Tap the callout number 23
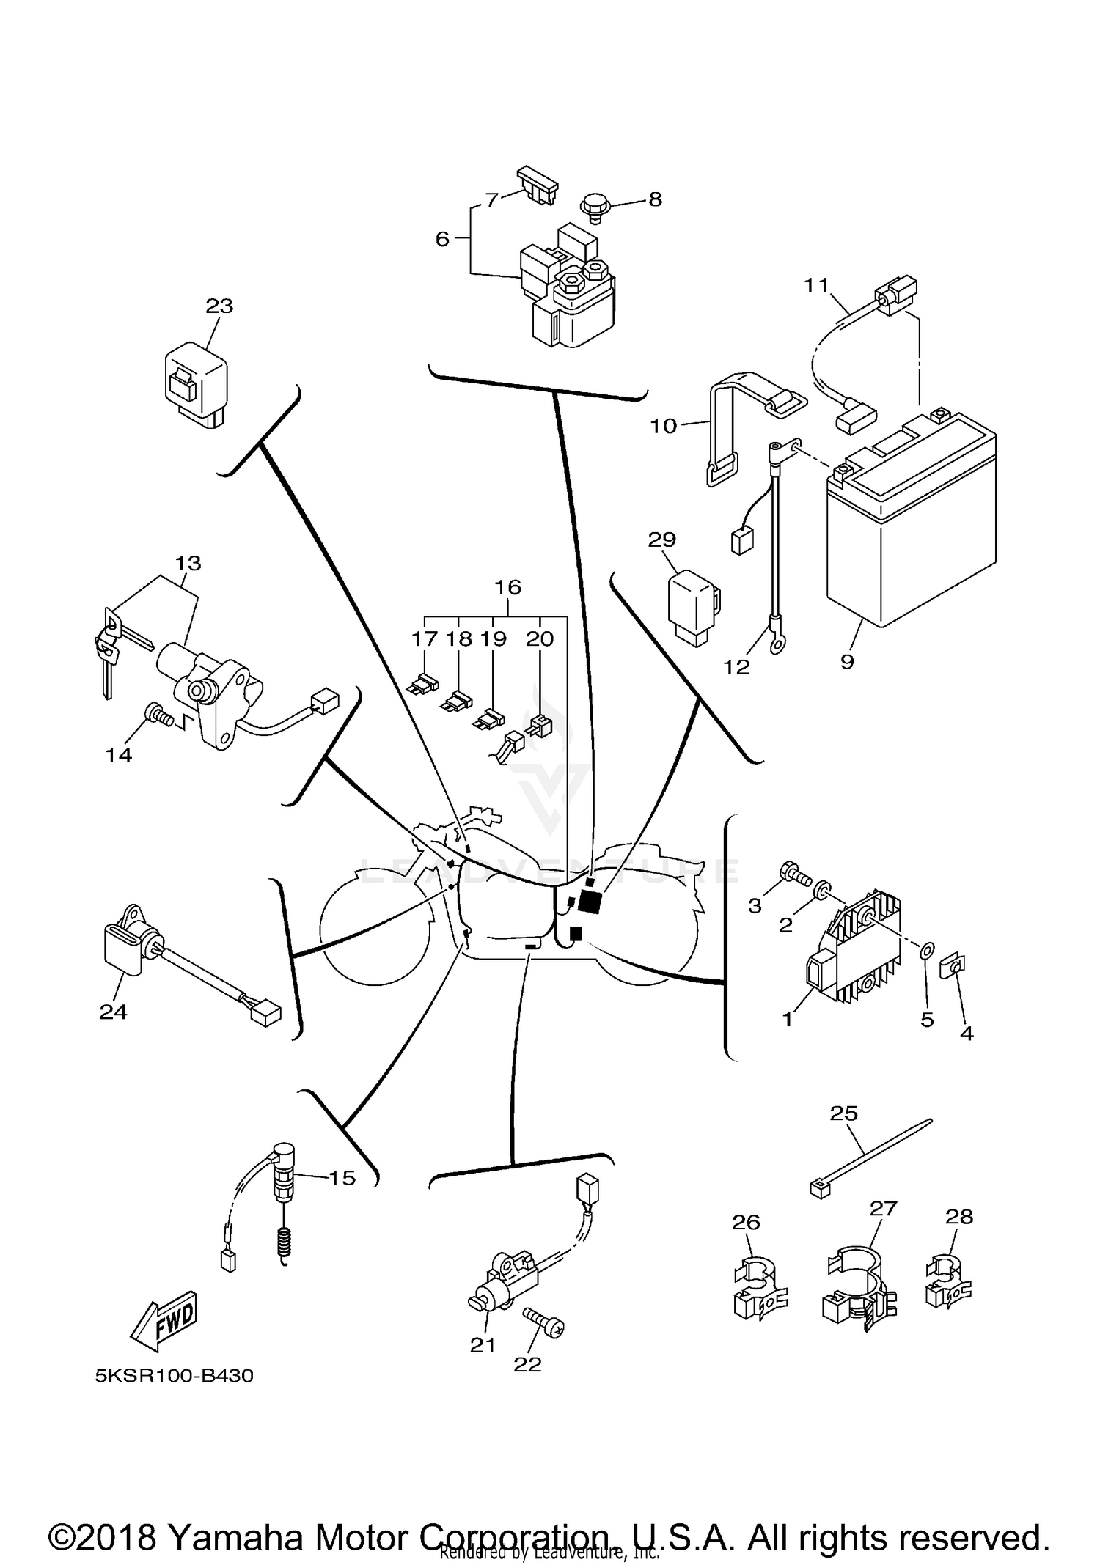point(219,306)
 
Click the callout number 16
point(507,587)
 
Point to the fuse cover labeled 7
point(538,186)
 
